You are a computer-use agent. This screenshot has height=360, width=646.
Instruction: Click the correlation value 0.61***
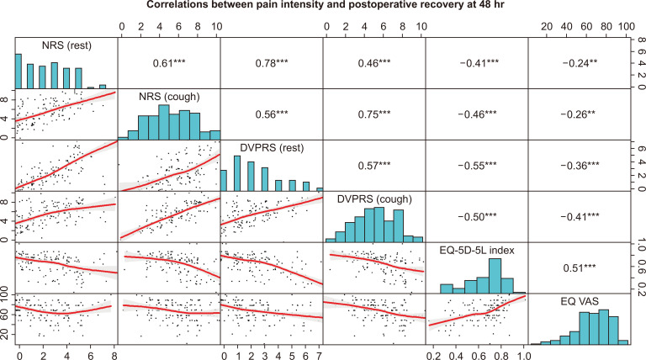click(x=168, y=62)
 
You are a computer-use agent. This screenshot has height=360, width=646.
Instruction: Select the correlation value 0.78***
click(x=272, y=62)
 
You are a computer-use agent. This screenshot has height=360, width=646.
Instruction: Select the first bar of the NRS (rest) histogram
click(x=19, y=71)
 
